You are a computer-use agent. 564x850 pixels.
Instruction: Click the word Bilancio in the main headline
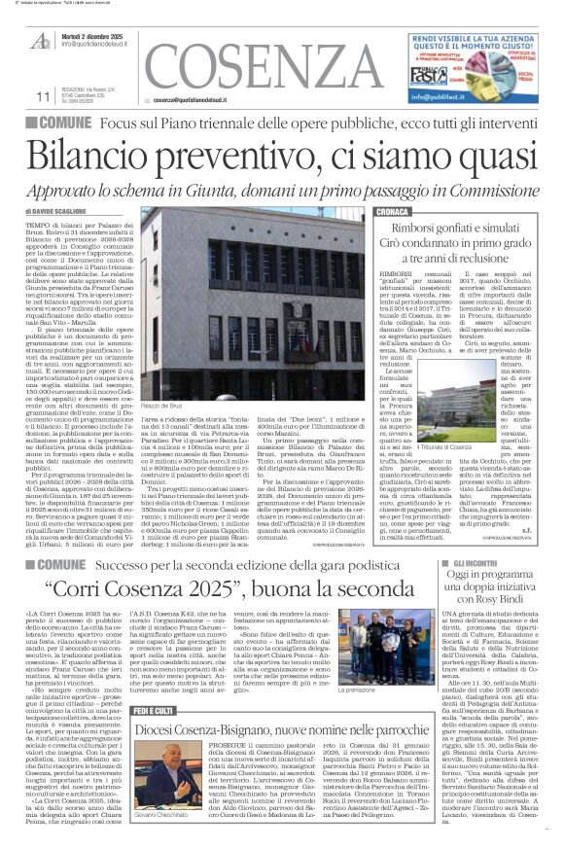click(x=106, y=156)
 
